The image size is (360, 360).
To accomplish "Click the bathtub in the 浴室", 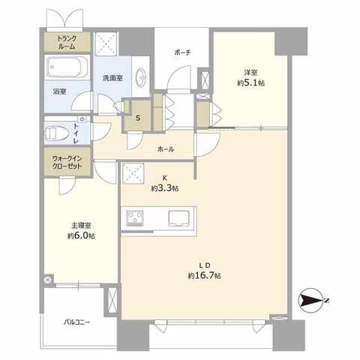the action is [67, 67].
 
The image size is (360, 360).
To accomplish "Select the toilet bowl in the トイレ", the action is [56, 133].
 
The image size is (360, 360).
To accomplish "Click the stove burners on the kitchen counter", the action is [135, 218].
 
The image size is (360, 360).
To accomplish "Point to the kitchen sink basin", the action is [178, 218].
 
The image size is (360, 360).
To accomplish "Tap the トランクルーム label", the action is [67, 42].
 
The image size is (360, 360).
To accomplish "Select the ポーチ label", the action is [182, 52].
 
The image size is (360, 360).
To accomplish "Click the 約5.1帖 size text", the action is [250, 82].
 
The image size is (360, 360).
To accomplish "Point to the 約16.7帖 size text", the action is [204, 275].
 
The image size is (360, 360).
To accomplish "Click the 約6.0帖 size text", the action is [81, 235].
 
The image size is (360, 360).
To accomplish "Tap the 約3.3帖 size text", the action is [165, 188].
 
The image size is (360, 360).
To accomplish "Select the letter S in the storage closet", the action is [138, 118].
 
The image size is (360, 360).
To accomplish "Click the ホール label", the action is [166, 149].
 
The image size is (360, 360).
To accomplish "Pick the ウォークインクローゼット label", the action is [67, 162].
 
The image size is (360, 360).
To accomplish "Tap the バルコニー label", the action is [76, 322].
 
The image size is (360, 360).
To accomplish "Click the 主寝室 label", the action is [81, 226].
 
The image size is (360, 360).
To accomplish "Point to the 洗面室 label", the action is [112, 78].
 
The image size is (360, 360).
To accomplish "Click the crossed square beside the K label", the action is [133, 173].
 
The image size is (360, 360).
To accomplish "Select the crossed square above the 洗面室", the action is [106, 43].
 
